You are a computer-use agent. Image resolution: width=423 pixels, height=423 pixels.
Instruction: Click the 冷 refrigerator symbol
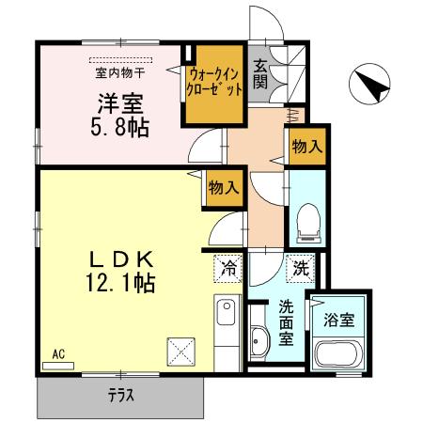point(227,266)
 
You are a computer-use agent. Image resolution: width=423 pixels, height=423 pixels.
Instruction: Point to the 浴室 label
point(337,319)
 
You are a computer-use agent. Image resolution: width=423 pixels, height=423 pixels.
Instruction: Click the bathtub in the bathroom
point(337,358)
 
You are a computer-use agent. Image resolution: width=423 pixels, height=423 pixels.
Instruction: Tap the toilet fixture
point(305,222)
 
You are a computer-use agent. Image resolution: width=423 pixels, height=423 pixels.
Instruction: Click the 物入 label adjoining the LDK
point(224,186)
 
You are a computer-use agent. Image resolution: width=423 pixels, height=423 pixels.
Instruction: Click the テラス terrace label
point(120,396)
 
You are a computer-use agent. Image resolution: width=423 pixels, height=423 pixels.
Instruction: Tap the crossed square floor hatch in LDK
point(180,353)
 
